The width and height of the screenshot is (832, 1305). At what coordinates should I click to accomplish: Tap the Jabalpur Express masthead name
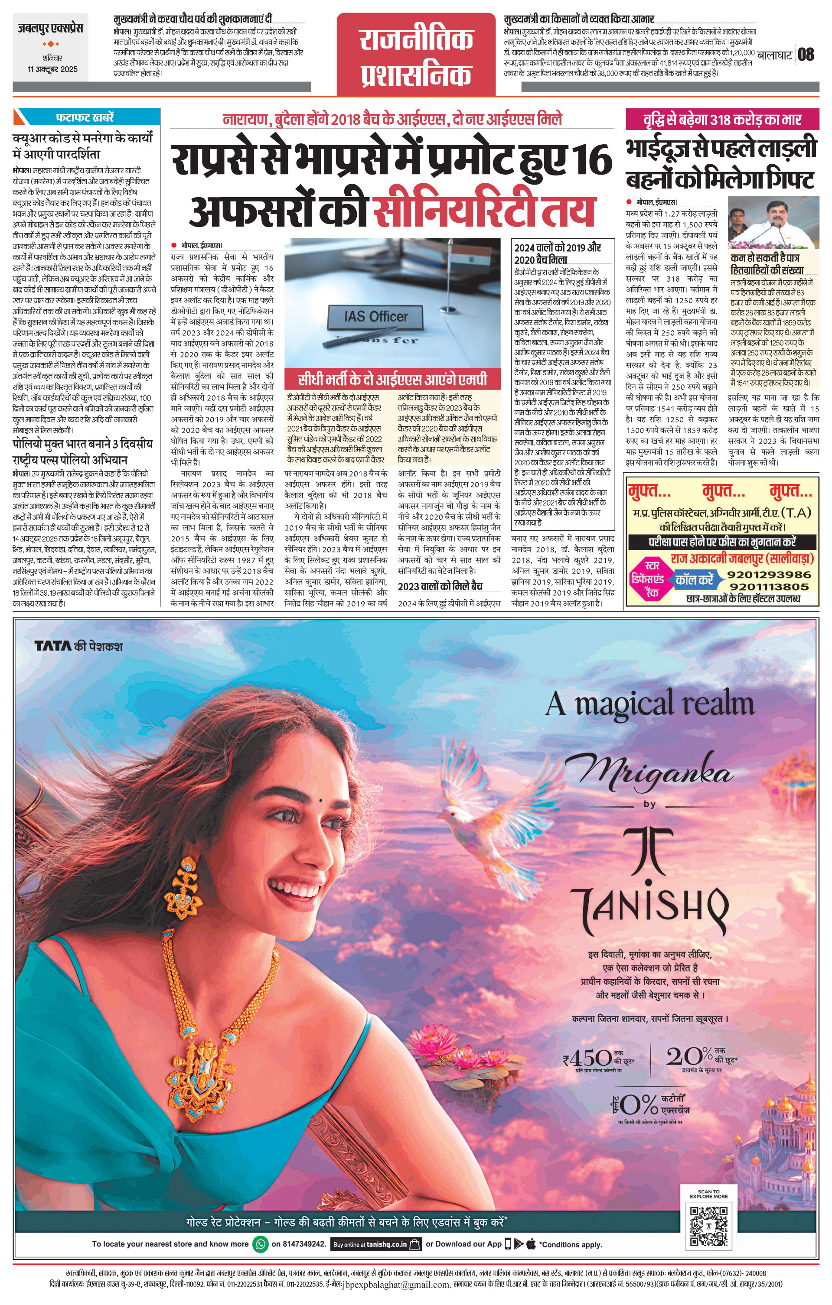[50, 28]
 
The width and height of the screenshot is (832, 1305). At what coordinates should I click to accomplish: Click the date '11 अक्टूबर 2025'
[52, 69]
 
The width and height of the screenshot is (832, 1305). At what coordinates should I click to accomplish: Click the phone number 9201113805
[769, 587]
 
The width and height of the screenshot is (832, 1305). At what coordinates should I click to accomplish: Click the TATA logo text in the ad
[52, 646]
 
